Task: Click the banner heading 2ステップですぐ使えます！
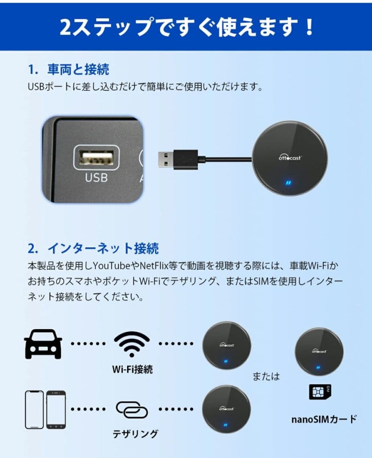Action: [186, 27]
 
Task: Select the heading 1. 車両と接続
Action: [68, 69]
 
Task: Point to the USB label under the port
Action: [96, 177]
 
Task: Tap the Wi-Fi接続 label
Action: [132, 369]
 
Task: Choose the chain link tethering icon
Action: [132, 410]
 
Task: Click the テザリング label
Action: [135, 434]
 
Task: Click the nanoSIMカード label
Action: [324, 419]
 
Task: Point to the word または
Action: [266, 376]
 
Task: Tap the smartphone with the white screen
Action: [34, 409]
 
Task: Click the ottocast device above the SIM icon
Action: [319, 351]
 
